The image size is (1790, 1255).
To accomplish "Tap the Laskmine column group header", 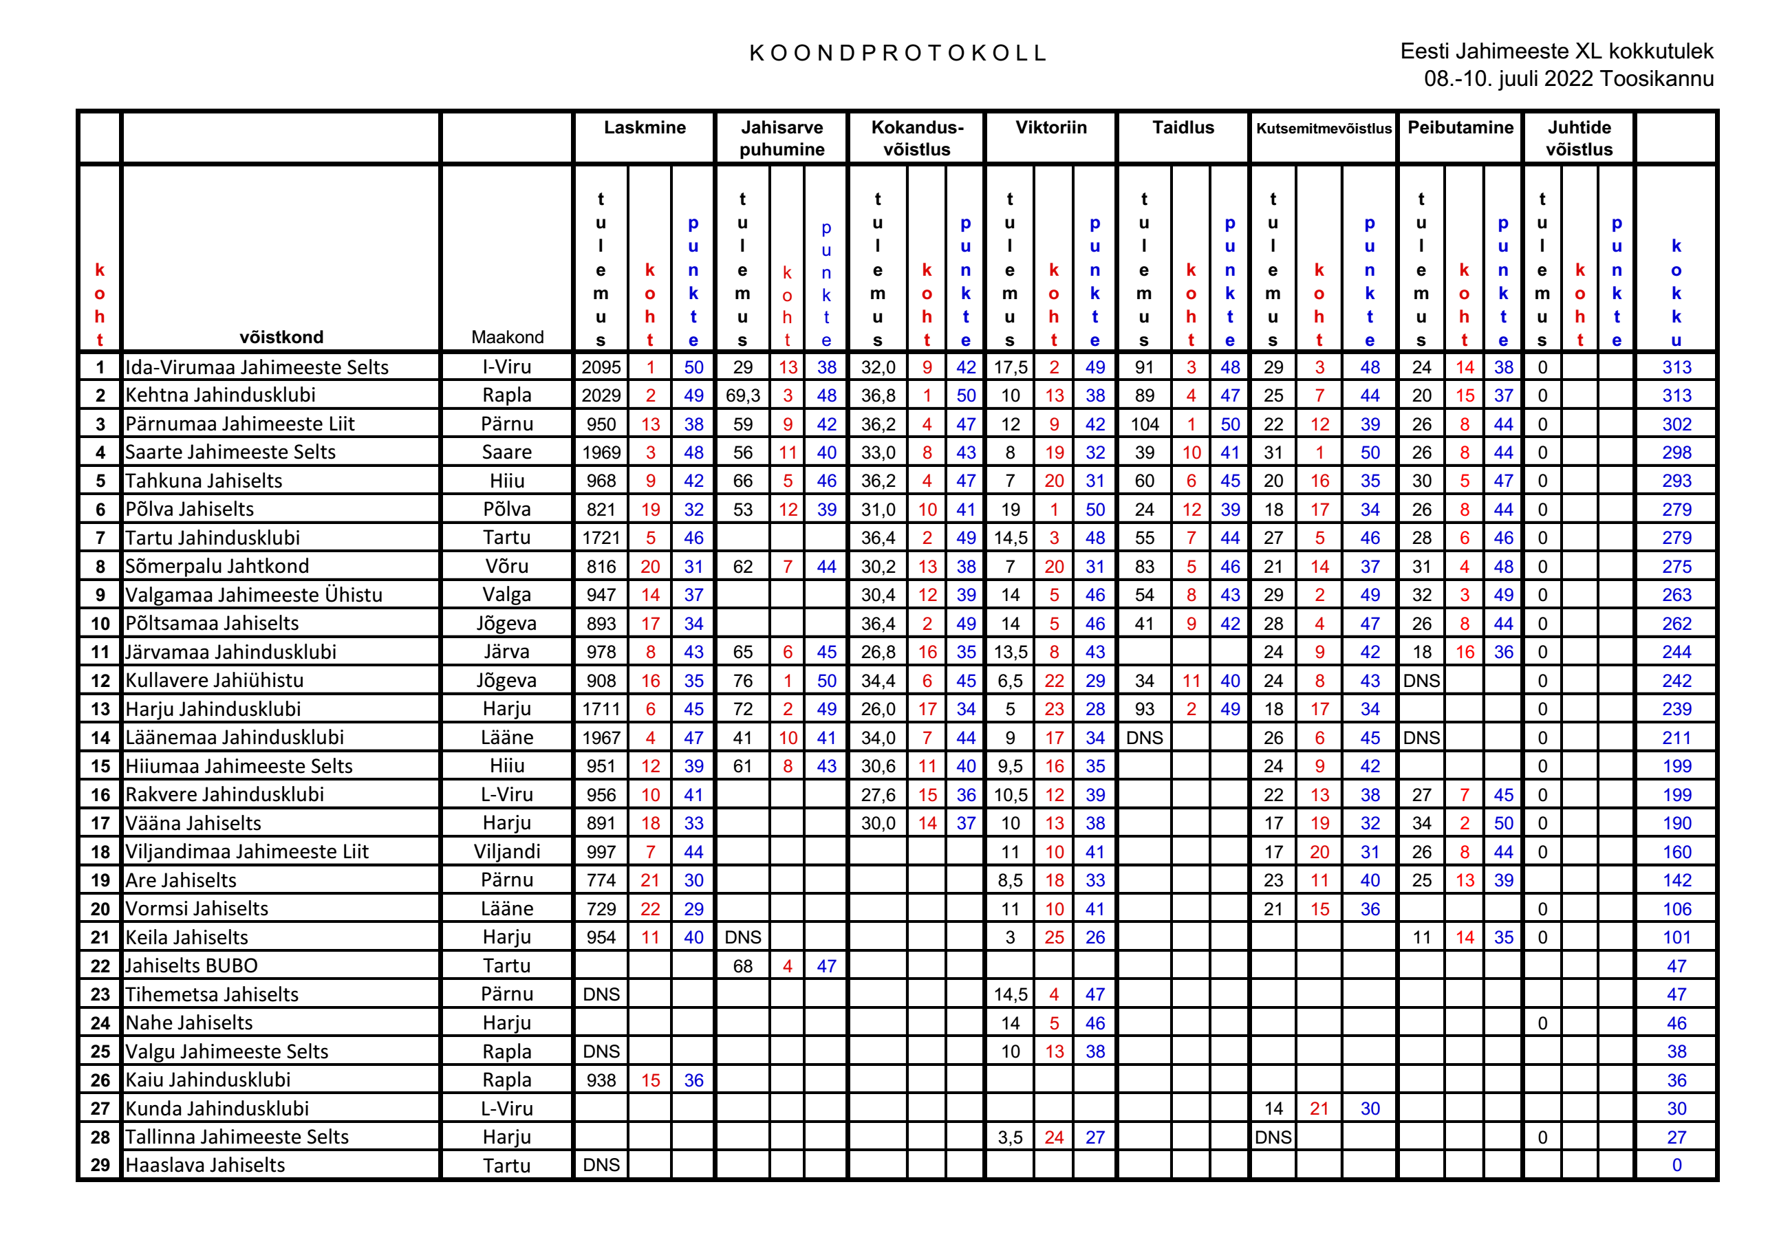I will point(645,128).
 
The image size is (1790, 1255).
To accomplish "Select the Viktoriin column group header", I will point(1050,128).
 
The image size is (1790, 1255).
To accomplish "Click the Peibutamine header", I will point(1460,128).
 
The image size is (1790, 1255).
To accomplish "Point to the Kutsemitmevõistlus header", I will point(1323,129).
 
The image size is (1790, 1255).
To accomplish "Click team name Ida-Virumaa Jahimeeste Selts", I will point(257,367).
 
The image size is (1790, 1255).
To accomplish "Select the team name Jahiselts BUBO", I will point(191,965).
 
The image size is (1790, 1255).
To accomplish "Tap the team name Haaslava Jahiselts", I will point(205,1166).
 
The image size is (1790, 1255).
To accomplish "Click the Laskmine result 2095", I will point(601,367).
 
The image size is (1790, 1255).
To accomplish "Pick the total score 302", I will point(1676,425).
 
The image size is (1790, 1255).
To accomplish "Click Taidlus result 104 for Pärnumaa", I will point(1144,425).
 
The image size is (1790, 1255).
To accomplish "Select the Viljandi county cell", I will point(507,852).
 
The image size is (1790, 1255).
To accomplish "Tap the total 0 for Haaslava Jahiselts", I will point(1676,1166).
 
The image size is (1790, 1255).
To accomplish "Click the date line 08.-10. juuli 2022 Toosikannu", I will point(1568,78).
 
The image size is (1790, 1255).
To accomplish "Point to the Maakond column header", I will point(507,338).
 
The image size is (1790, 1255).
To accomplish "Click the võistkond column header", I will point(281,338).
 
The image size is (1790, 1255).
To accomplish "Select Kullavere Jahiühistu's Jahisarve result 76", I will point(742,681).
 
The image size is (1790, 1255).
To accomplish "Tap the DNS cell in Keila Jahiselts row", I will point(742,938).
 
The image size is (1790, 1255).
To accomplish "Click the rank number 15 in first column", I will point(100,766).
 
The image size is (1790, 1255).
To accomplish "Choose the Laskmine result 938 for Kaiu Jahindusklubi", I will point(601,1080).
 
